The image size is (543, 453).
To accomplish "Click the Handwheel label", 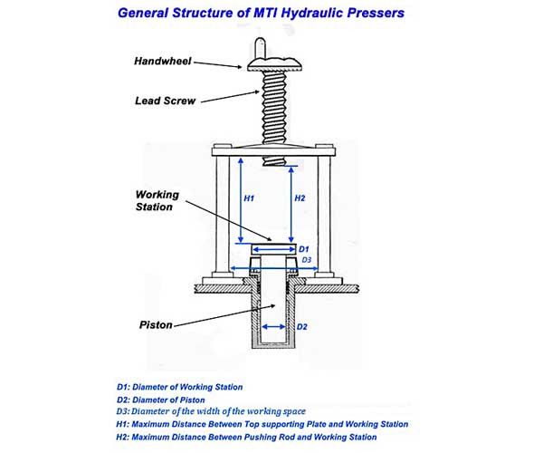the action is point(162,61).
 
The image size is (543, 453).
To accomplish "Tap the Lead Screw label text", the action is point(166,101).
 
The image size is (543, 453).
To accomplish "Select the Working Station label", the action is point(157,200).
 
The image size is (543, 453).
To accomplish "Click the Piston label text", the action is point(156,325).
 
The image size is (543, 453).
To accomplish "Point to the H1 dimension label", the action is point(249,198).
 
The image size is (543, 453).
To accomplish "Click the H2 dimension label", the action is point(300,198).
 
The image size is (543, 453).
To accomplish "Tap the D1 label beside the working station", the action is point(304,249).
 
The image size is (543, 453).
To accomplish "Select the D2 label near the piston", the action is point(302,327).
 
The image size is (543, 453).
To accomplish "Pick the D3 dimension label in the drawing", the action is point(307,260).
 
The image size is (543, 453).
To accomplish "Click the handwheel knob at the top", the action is point(260,48).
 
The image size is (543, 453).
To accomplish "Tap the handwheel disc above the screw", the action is point(274,64).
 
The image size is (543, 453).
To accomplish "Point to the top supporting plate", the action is point(273,151).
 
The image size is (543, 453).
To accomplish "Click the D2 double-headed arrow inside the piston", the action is point(273,326).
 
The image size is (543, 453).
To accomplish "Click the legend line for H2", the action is point(246,437).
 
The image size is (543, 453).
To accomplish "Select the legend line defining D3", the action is point(211,411).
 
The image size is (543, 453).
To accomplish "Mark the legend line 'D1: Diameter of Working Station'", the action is point(179,387).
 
